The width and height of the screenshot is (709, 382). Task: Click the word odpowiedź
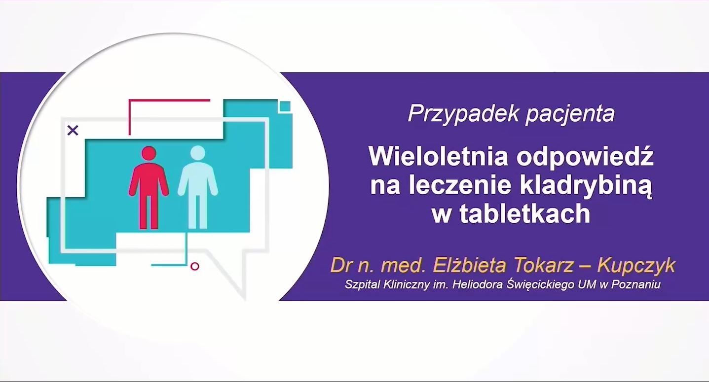point(585,156)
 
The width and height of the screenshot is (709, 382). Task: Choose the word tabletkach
point(525,214)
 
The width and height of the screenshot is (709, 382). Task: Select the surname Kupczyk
point(636,266)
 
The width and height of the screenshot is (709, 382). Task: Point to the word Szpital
point(363,284)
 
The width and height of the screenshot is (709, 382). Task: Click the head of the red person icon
point(149,154)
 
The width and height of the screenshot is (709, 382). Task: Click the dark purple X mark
point(73,130)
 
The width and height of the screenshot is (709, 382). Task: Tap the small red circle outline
point(195,267)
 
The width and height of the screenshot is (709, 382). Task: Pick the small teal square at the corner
point(285,106)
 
